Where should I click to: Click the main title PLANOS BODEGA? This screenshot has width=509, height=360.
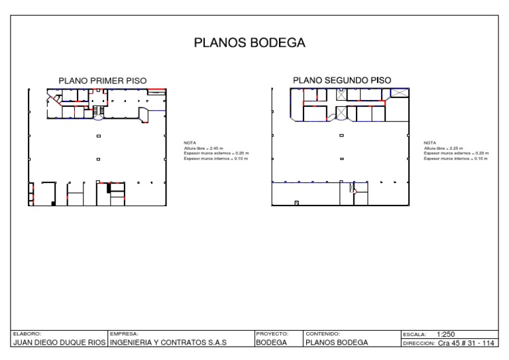point(249,43)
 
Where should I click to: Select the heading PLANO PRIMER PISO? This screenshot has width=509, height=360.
point(103,81)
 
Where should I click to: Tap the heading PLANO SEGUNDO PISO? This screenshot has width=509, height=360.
point(342,80)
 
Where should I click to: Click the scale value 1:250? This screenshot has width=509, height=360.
point(446,334)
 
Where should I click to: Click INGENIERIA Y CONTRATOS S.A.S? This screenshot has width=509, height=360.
point(168,343)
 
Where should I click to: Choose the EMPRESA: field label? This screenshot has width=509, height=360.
point(125,334)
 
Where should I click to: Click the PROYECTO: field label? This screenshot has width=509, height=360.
point(272,334)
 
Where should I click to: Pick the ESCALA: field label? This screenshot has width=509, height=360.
point(415,335)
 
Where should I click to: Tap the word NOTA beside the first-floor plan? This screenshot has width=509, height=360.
point(189,143)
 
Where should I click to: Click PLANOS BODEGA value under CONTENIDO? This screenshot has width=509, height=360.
point(336,343)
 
